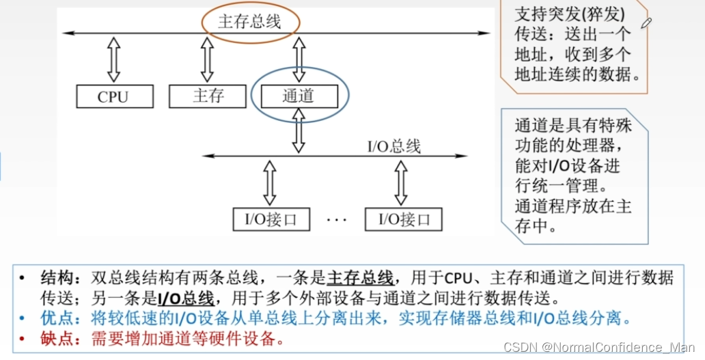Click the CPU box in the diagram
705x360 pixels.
coord(113,96)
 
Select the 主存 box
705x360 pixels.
coord(207,96)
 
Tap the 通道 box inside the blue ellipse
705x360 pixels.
coord(299,96)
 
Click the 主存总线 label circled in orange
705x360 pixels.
coord(249,22)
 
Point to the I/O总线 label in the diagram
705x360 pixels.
coord(394,146)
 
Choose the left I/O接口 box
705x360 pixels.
coord(271,219)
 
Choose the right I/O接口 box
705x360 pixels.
coord(403,219)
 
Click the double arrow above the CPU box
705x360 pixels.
coord(113,59)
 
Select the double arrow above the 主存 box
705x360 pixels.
coord(207,59)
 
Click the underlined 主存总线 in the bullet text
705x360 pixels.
coord(360,279)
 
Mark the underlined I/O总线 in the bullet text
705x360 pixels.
coord(186,299)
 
